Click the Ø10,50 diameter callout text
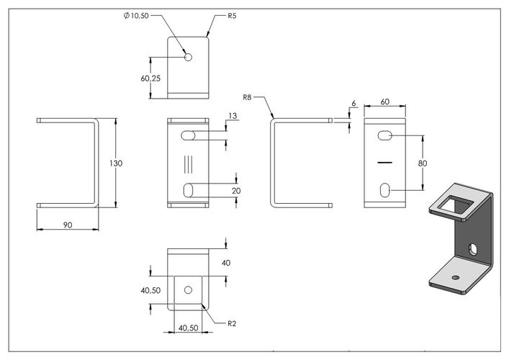coord(136,15)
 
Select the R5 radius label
coord(232,16)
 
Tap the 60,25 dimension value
coord(150,78)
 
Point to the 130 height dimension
coord(116,163)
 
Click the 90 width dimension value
coord(68,225)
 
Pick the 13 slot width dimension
coord(233,116)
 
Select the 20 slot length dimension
coord(236,191)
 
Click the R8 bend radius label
coord(247,97)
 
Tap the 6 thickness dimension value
coord(353,103)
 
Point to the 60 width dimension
coord(384,102)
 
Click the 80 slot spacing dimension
coord(423,163)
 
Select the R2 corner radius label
coord(232,323)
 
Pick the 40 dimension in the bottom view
coord(226,263)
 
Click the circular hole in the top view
coord(189,58)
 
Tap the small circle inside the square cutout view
coord(189,290)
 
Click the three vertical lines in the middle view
coord(189,164)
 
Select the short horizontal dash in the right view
coord(385,162)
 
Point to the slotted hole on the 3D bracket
coord(472,249)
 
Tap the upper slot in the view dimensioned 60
coord(384,135)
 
